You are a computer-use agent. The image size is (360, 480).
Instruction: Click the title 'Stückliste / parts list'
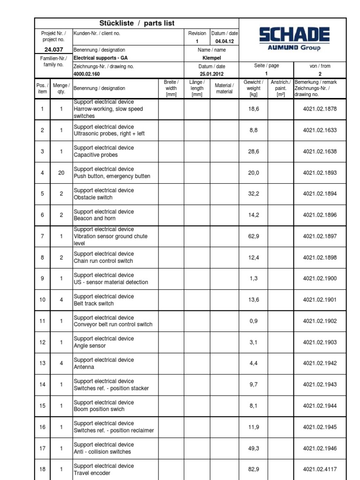tap(137, 23)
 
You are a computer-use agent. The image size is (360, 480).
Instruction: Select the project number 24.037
tap(53, 50)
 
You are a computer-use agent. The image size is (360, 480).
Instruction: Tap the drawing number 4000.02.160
tap(87, 74)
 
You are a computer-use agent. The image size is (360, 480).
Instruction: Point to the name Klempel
tap(211, 58)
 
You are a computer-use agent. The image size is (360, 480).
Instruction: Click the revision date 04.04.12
tap(225, 41)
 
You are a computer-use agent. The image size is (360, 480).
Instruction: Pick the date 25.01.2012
tap(211, 74)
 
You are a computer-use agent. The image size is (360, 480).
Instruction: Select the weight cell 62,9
tap(253, 236)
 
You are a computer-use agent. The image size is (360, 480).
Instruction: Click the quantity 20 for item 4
tap(61, 172)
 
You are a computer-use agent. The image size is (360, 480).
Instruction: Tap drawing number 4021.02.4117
tap(319, 469)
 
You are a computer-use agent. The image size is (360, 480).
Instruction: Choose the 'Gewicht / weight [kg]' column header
tap(253, 88)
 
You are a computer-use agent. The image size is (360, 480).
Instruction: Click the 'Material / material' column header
tap(224, 88)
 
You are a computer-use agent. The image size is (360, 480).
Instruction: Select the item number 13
tap(42, 363)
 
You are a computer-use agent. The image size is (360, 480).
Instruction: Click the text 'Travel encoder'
tap(93, 473)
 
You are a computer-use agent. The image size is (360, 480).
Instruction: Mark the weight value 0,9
tap(253, 321)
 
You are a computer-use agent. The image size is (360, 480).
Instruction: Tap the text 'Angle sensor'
tap(90, 346)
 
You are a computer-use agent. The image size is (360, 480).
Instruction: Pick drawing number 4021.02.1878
tap(319, 109)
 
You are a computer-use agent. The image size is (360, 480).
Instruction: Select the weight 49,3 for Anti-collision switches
tap(253, 448)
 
